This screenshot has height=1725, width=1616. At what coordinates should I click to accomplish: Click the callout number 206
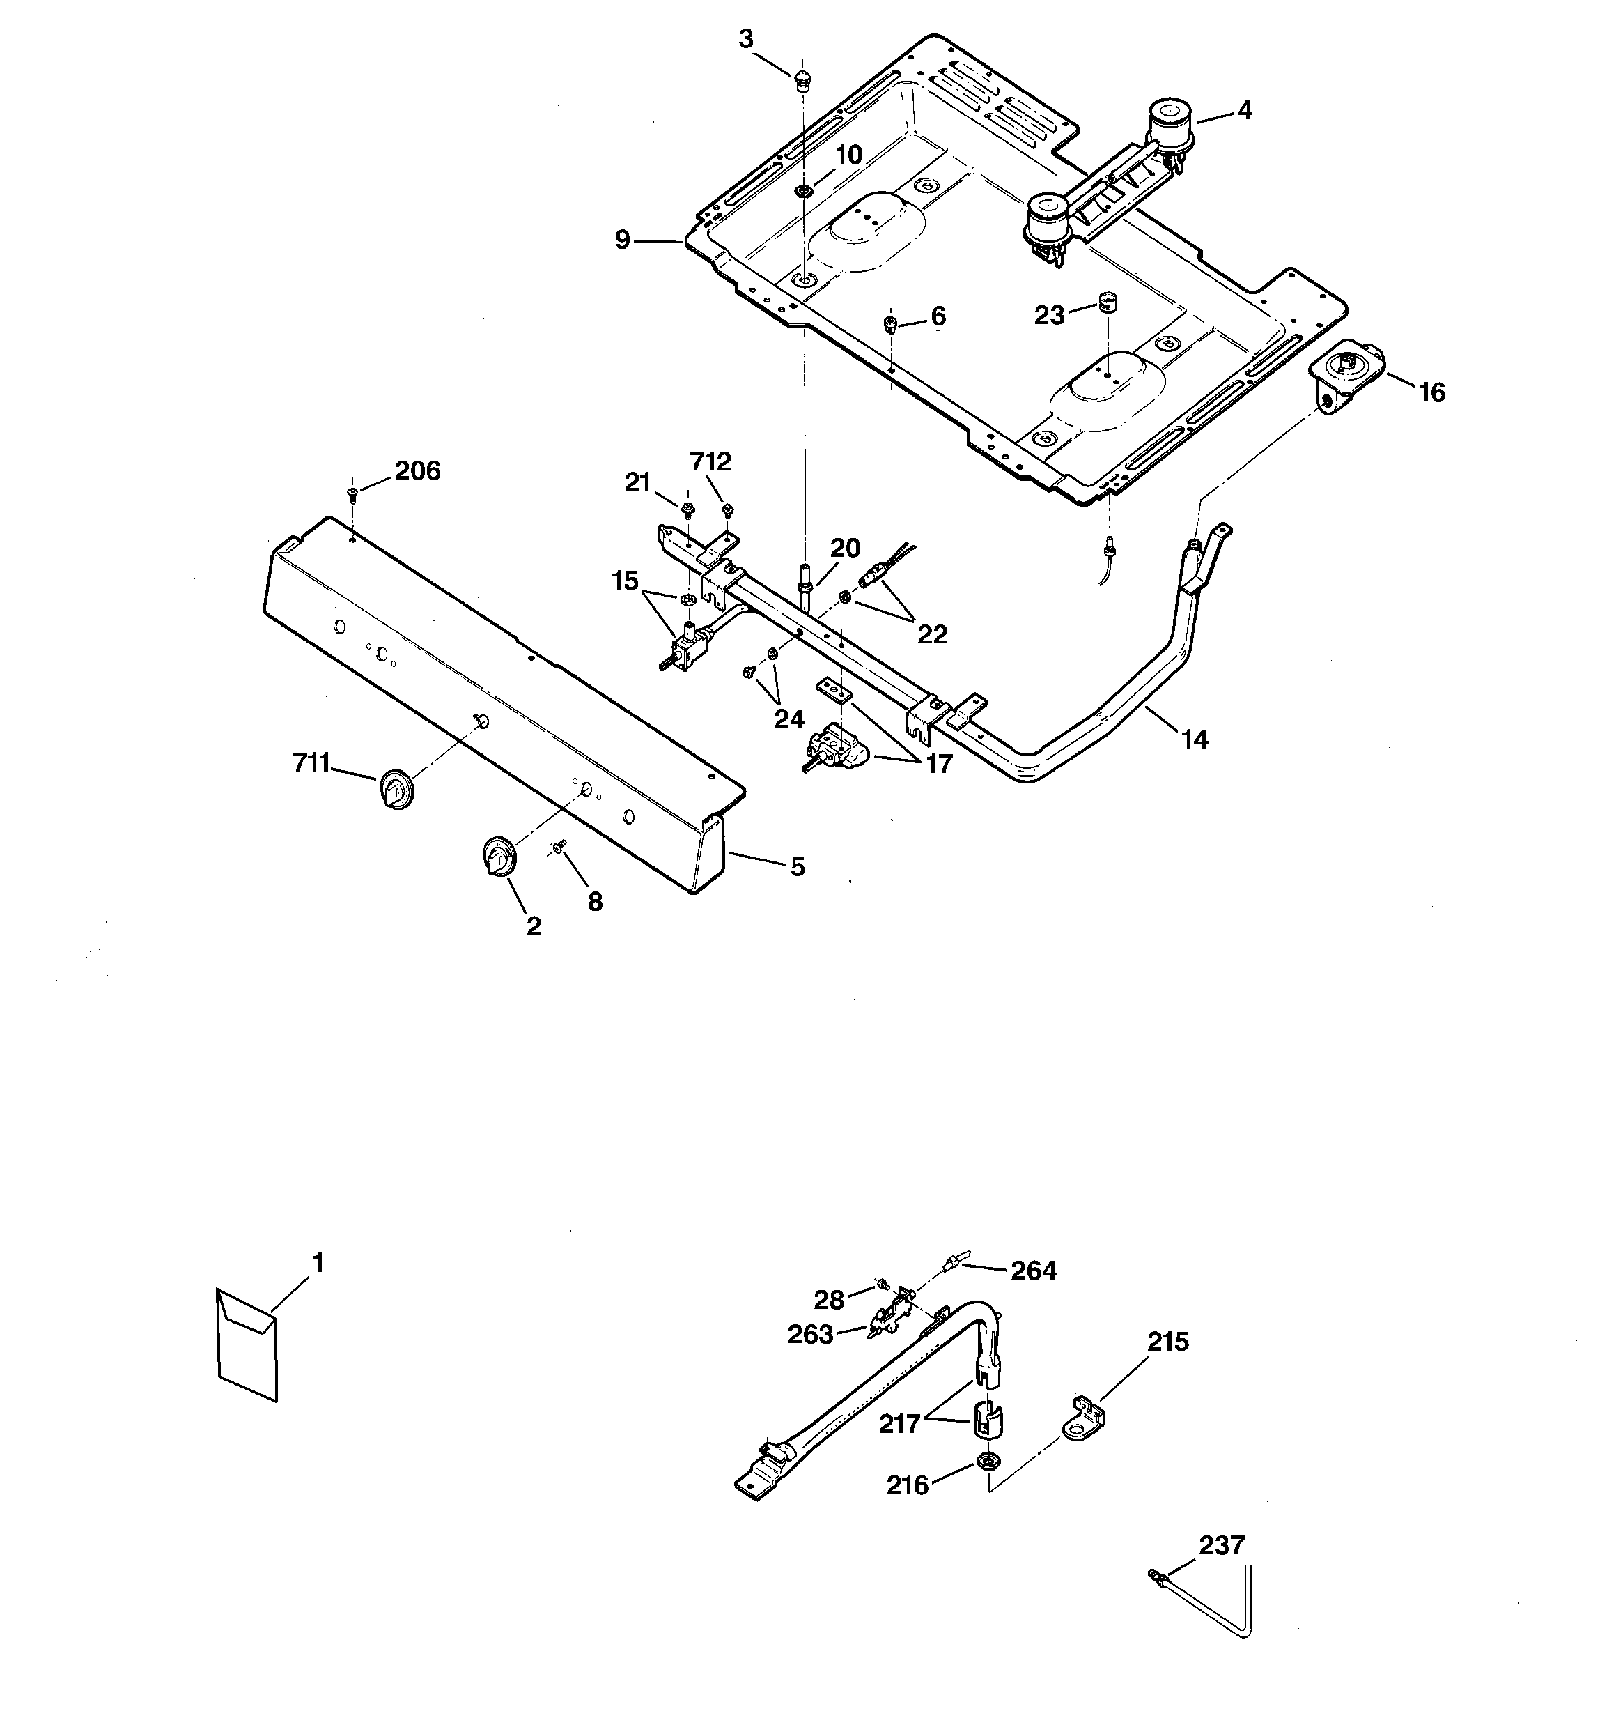click(417, 471)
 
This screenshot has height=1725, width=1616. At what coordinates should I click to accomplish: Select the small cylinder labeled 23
click(1107, 302)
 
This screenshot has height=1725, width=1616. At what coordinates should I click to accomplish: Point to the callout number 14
click(1194, 739)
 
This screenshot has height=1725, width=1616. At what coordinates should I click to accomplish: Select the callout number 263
click(810, 1335)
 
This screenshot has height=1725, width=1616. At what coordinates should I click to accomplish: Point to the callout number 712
click(710, 461)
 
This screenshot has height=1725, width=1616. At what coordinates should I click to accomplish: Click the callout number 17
click(938, 764)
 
